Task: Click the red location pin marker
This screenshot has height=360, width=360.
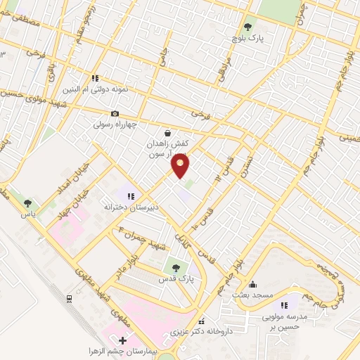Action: [181, 166]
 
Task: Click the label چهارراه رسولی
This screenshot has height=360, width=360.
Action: [115, 125]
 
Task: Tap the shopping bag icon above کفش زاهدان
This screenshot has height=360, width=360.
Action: [167, 132]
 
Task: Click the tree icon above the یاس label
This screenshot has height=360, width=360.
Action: [27, 203]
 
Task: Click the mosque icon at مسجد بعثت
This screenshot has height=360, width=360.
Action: [252, 283]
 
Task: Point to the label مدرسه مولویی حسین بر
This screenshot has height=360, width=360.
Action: [284, 317]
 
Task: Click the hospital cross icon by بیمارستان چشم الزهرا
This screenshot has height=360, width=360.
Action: [124, 341]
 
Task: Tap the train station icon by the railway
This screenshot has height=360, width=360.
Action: [70, 299]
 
